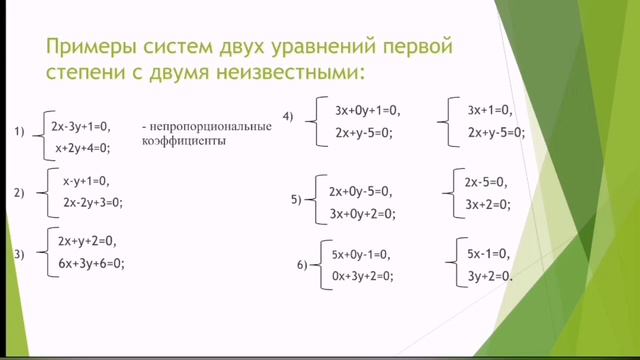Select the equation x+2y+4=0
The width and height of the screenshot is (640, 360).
tap(82, 148)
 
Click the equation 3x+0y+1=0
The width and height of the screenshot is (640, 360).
tap(367, 110)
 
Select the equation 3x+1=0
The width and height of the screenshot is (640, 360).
tap(490, 110)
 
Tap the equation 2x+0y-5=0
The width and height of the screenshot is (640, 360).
tap(361, 191)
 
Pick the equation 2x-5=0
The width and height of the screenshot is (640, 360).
tap(487, 182)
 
